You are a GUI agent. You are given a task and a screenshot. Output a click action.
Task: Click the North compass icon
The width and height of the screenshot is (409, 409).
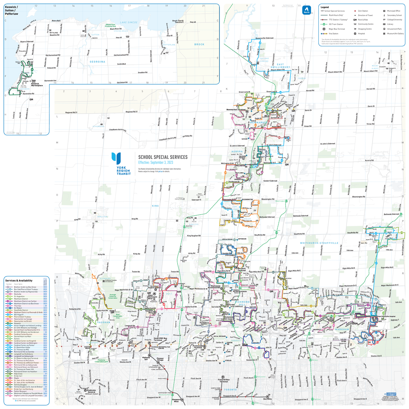pyautogui.click(x=307, y=10)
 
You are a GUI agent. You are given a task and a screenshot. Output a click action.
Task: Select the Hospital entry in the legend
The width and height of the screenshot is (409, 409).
pyautogui.click(x=361, y=33)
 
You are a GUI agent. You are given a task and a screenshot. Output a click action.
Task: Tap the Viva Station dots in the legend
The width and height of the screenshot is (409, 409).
pyautogui.click(x=324, y=33)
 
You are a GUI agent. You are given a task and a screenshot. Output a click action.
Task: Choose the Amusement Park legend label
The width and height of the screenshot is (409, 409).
pyautogui.click(x=394, y=29)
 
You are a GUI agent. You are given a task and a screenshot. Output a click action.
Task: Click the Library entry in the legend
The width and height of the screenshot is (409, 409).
pyautogui.click(x=390, y=24)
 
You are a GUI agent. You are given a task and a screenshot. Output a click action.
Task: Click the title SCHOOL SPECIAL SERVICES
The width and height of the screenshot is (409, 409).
pyautogui.click(x=163, y=157)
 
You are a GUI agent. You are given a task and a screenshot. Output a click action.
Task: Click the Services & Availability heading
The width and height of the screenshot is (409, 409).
pyautogui.click(x=19, y=281)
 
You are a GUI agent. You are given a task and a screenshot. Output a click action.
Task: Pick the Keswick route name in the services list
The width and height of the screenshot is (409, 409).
pyautogui.click(x=17, y=323)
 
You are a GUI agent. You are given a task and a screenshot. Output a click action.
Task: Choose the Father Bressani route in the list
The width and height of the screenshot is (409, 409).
pyautogui.click(x=20, y=391)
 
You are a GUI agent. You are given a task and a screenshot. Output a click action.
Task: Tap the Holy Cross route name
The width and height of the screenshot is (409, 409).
pyautogui.click(x=18, y=374)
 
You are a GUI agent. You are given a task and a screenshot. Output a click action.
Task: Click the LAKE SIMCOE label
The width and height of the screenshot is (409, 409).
pyautogui.click(x=129, y=22)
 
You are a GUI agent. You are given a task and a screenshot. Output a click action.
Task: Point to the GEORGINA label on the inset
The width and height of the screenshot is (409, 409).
pyautogui.click(x=97, y=62)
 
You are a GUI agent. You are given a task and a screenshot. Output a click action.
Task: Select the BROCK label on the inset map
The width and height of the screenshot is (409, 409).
pyautogui.click(x=199, y=44)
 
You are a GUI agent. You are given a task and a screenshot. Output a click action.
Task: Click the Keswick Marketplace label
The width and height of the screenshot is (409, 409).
pyautogui.click(x=37, y=85)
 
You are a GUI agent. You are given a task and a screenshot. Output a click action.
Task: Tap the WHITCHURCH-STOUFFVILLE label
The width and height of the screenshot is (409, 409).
pyautogui.click(x=319, y=243)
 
